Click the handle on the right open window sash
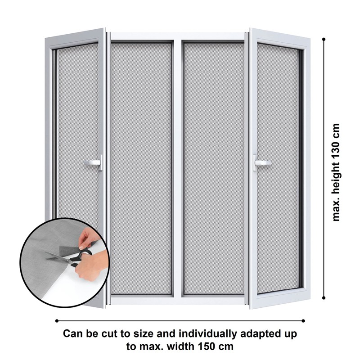click(x=262, y=163)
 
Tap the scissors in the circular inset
click(x=69, y=258)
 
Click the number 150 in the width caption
click(x=210, y=346)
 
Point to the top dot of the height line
click(x=324, y=39)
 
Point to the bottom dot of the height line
click(x=324, y=298)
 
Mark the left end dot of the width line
click(x=57, y=321)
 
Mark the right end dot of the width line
click(x=303, y=321)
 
